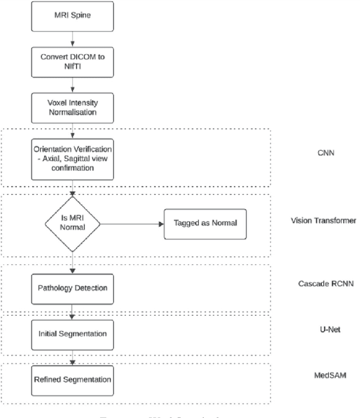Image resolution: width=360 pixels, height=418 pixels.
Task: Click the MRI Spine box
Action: click(72, 16)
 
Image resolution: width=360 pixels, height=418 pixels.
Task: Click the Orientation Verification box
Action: click(72, 159)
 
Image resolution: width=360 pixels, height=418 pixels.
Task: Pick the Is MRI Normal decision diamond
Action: click(72, 223)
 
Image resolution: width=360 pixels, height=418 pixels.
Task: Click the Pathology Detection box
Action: click(72, 287)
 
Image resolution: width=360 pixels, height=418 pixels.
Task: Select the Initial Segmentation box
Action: click(72, 334)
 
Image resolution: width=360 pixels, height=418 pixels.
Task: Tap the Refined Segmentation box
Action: click(72, 379)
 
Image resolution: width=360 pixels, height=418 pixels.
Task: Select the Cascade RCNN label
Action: click(326, 284)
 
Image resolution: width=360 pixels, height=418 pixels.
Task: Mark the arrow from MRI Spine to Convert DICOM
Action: click(72, 38)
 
